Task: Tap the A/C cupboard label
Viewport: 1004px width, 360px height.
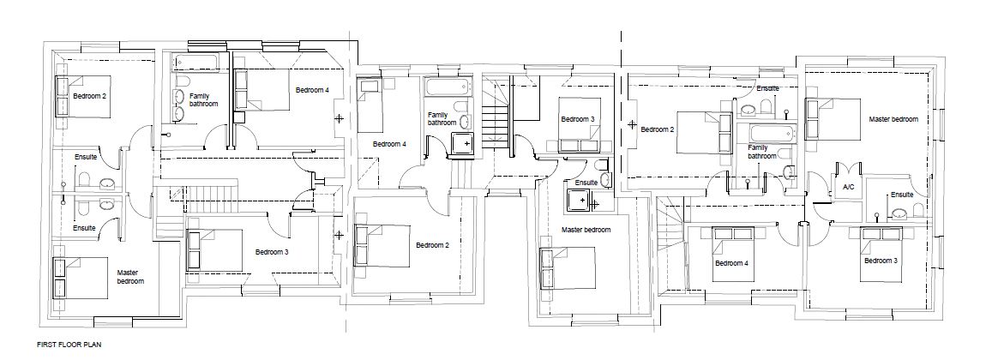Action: click(848, 187)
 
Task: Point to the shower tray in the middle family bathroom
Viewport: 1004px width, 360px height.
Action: click(463, 145)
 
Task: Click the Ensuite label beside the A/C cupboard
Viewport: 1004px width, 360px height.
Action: click(902, 195)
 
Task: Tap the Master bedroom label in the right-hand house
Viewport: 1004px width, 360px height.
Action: click(893, 119)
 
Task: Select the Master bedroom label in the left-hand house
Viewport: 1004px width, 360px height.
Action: click(130, 276)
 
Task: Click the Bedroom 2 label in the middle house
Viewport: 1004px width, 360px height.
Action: click(433, 245)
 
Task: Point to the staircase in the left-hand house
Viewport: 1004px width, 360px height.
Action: click(210, 201)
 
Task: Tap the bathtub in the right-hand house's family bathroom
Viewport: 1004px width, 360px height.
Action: click(772, 133)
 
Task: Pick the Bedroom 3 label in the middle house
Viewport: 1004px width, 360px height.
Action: click(577, 119)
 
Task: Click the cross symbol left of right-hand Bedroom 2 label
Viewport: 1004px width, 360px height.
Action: click(633, 126)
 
